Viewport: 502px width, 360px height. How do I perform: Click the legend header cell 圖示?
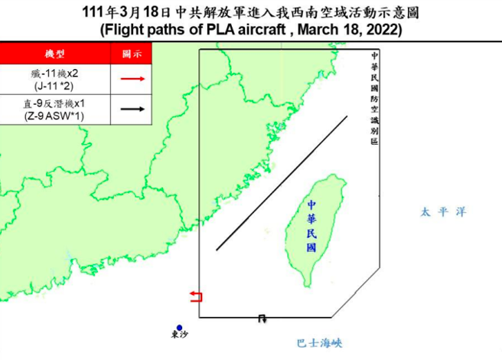coord(132,54)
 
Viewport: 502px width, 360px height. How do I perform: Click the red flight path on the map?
coord(197,297)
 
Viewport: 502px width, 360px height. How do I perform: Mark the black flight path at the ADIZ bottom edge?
coord(262,317)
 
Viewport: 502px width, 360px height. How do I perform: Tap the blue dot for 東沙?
coord(178,327)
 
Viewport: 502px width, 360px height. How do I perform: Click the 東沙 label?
coord(178,338)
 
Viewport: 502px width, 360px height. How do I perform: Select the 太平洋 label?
coord(442,211)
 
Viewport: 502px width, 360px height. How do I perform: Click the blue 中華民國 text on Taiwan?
coord(312,227)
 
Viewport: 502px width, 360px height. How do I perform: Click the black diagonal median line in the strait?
coord(281,183)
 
